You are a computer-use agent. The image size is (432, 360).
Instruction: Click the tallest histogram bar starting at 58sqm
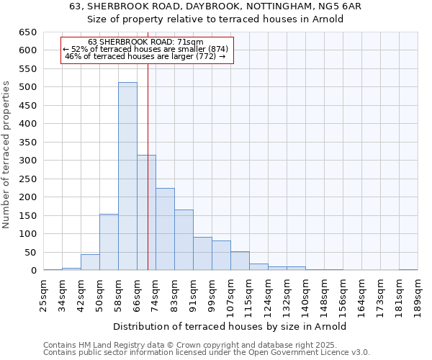coord(127,176)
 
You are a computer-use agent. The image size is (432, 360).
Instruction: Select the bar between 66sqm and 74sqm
coord(146,212)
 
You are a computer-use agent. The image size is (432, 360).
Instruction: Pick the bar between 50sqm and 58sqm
coord(109,242)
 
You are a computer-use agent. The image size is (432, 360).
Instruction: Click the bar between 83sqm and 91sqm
coord(184,240)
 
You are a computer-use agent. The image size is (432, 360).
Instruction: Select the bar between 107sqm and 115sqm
coord(240,261)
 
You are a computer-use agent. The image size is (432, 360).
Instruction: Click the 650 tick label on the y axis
coord(27,32)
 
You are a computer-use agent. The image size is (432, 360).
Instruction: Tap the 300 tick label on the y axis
coord(27,161)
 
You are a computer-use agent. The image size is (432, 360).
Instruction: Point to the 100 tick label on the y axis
coord(27,234)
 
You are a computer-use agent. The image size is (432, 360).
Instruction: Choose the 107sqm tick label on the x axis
coord(231,296)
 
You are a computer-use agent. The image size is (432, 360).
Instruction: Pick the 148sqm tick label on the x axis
coord(325,296)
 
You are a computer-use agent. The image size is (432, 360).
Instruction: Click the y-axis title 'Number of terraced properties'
coord(6,155)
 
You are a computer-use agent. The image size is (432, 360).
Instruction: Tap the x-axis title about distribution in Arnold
coord(230,326)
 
